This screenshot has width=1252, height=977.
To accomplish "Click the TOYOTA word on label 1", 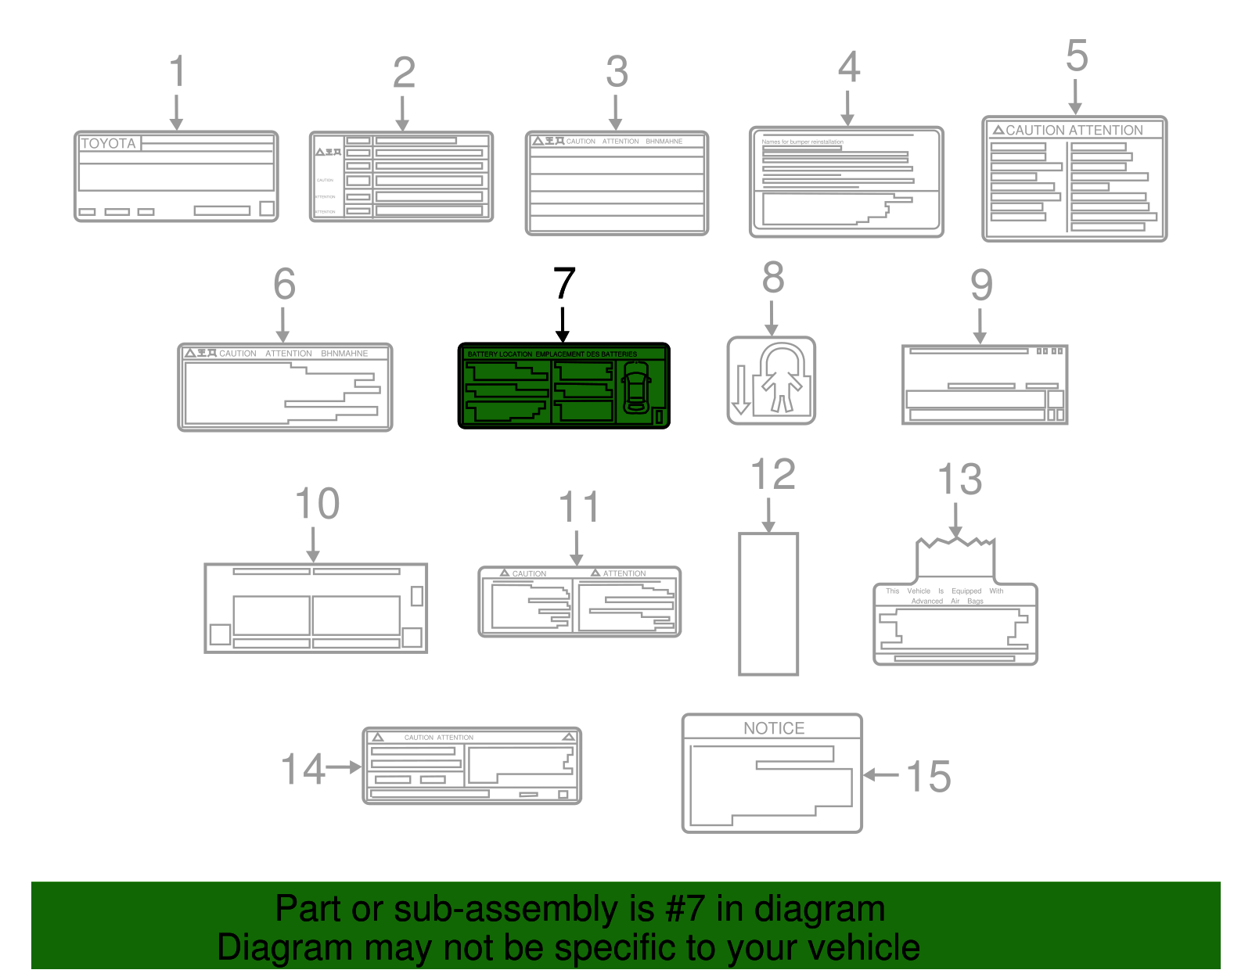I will pos(109,143).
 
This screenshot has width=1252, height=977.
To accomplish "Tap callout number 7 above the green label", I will pos(564,283).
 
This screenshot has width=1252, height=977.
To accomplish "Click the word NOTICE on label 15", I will pos(773,728).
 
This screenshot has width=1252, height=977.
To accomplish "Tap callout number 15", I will pos(928,777).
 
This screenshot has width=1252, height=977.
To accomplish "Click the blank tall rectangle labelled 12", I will pos(768,603).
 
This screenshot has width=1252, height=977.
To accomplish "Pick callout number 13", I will pos(959,480).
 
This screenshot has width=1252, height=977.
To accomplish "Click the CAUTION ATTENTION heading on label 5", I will pos(1074,130).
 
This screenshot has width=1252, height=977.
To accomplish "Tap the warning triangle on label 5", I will pos(998,130).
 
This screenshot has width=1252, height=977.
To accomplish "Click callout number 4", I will pos(849,67).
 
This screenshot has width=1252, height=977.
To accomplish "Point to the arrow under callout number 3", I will pos(616,113).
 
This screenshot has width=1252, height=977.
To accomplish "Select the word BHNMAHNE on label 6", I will pos(344,354).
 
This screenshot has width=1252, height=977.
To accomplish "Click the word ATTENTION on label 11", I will pos(624,573).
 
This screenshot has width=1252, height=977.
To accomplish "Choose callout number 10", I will pos(318,504).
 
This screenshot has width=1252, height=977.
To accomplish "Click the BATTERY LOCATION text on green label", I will pos(500,354).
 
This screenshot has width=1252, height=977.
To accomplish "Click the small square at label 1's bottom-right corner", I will pos(267,208).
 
